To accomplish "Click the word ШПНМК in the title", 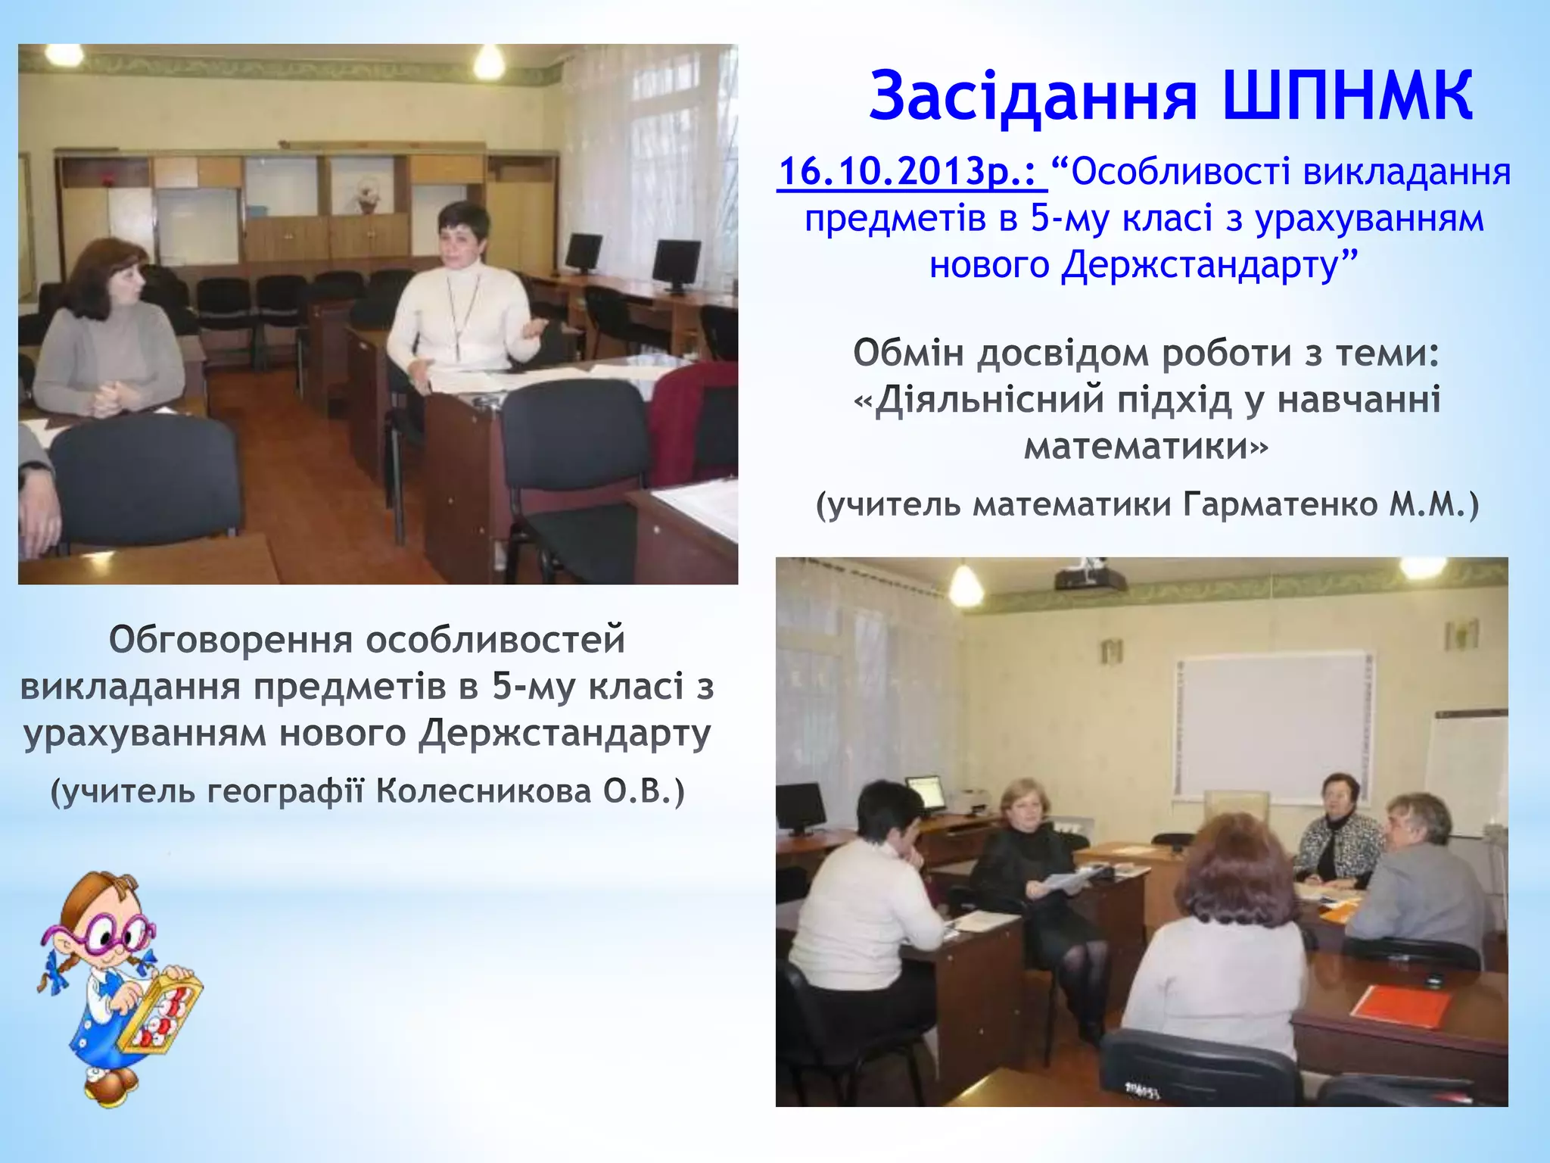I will (1347, 97).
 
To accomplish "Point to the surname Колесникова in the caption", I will (484, 791).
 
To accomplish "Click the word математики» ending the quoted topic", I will (1145, 446).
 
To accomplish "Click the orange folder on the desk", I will (1400, 1006).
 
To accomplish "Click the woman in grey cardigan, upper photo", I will (110, 333).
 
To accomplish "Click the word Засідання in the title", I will (1033, 97).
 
